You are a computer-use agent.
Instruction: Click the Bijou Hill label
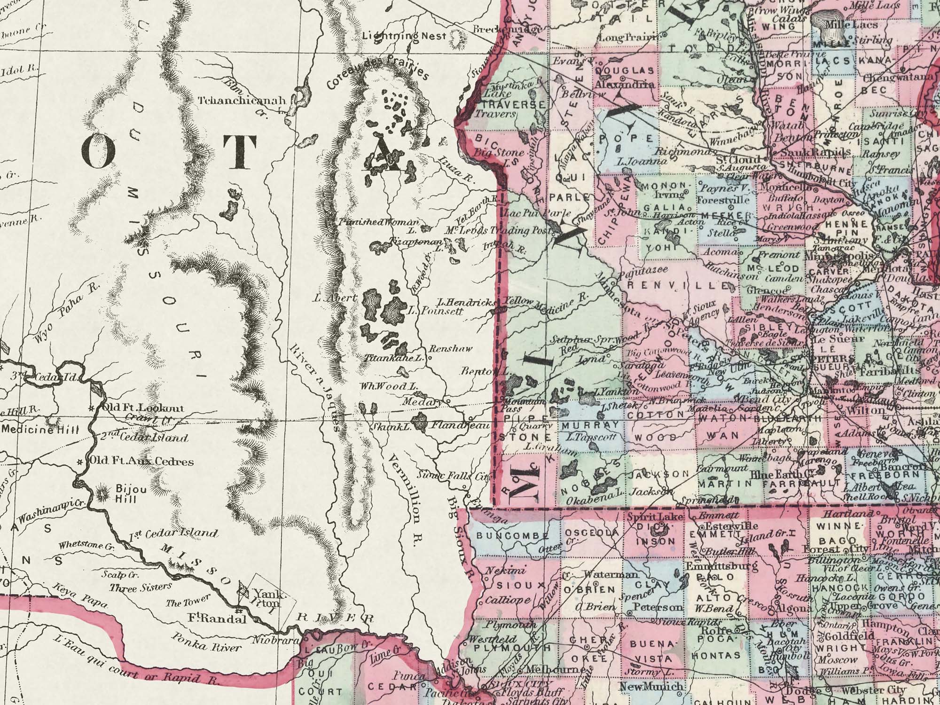125,494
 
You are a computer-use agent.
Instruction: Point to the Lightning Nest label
404,36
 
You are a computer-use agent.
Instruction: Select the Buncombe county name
513,536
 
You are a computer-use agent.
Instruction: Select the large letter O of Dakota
98,151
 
